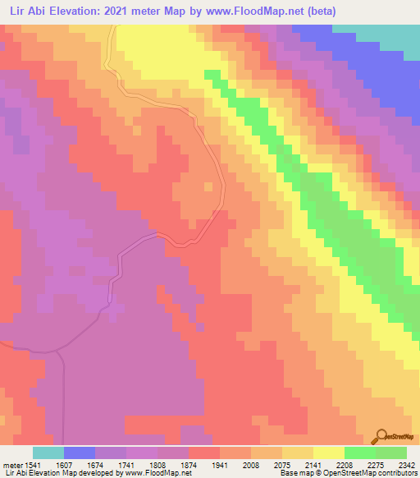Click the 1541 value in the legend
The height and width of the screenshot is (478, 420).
pos(33,464)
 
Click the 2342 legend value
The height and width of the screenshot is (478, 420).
pos(406,464)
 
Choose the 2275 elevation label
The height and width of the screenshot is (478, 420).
pos(377,464)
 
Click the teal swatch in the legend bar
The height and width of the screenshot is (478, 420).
pos(48,453)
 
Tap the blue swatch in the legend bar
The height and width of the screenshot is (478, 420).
pos(80,453)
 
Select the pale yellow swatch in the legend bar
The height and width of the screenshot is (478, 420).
pos(328,453)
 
